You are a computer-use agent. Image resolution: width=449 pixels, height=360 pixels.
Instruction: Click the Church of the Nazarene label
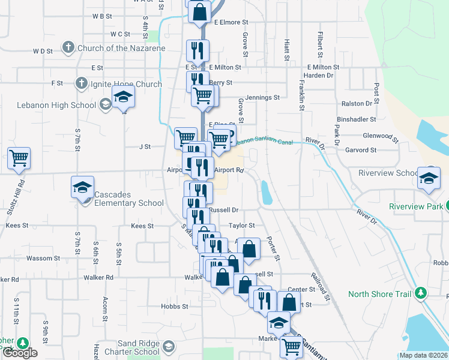121,48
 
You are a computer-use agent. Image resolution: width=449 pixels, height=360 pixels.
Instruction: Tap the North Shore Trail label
379,294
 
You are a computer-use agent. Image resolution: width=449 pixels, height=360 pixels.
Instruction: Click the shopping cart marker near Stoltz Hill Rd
19,158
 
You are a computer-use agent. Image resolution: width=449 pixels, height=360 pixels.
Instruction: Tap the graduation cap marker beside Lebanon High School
122,97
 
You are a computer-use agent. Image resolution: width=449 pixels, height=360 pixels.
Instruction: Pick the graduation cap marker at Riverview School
429,178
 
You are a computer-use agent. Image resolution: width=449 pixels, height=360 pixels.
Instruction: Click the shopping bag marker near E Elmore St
199,12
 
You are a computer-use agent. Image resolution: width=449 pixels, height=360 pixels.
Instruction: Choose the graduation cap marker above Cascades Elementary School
83,187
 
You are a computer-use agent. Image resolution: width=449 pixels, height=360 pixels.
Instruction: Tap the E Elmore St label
229,22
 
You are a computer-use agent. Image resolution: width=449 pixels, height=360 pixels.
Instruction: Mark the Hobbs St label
175,306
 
